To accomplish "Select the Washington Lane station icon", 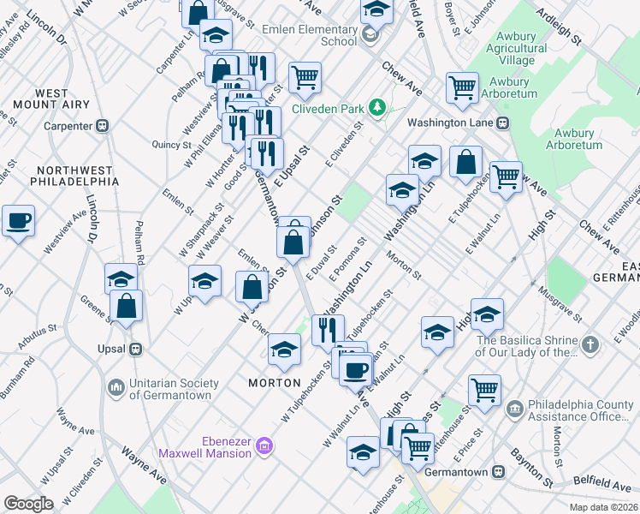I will click(x=503, y=122).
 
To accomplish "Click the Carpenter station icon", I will click(x=102, y=126).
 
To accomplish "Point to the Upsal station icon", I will click(x=135, y=350).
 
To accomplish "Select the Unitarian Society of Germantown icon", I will click(x=116, y=388).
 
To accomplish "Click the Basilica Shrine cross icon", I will click(x=590, y=345).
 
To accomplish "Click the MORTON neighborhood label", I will click(x=274, y=382).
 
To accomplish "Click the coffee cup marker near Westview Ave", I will click(x=18, y=222).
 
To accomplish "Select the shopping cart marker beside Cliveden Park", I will click(x=305, y=78).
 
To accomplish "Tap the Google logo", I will click(x=28, y=503).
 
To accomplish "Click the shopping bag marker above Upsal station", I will click(x=126, y=307).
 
